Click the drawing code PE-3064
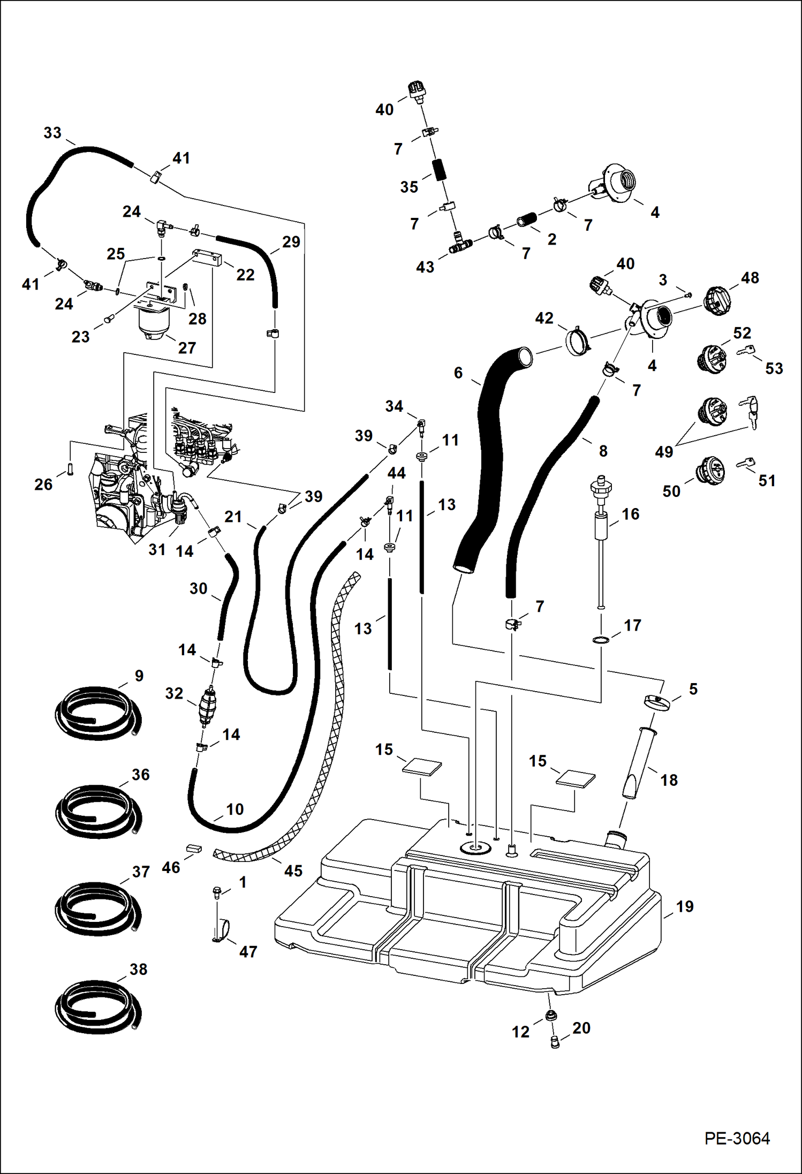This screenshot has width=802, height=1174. tap(737, 1138)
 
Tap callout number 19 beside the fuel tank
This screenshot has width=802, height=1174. tap(685, 906)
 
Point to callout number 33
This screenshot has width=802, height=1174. tap(52, 133)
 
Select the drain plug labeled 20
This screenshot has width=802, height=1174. tap(555, 1041)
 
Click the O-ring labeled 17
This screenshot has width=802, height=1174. tap(601, 640)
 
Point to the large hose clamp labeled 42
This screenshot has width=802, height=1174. tap(577, 340)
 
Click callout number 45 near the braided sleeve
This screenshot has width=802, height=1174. tap(293, 871)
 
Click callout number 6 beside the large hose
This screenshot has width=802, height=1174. tap(458, 373)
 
